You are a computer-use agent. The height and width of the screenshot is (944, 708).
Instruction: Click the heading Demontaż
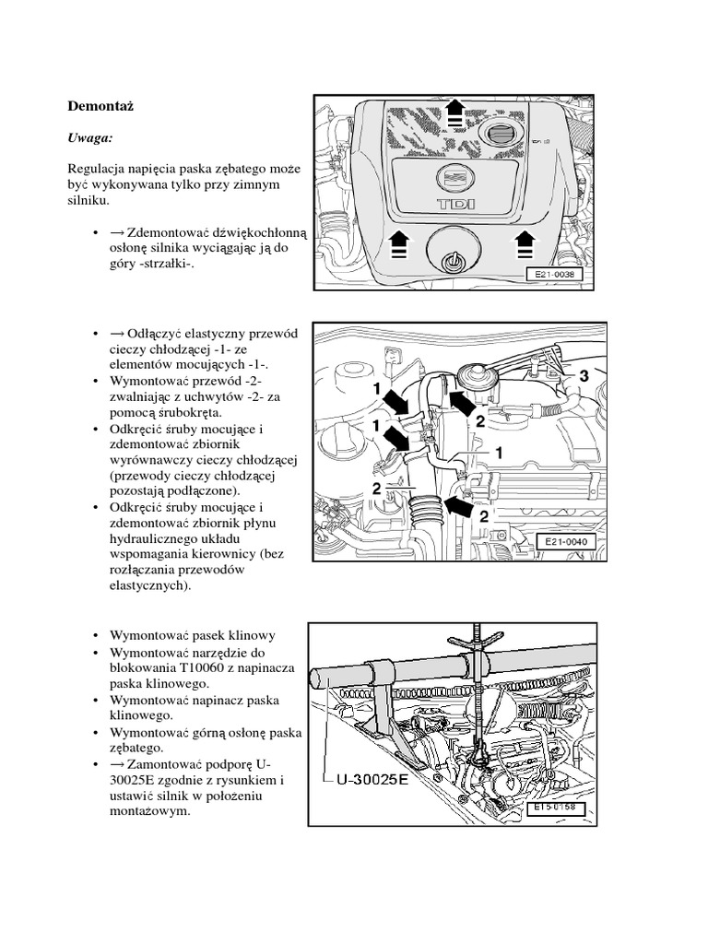tap(101, 105)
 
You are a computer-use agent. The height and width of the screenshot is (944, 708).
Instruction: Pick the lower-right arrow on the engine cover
tap(525, 244)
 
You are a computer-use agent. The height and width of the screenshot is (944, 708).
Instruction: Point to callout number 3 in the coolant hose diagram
tap(583, 376)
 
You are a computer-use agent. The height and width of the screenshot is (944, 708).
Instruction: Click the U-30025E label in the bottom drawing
tap(370, 778)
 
